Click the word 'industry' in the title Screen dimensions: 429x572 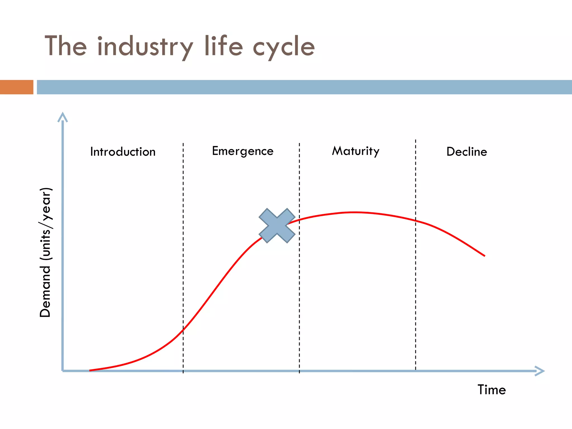coord(145,46)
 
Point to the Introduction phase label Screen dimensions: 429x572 coord(123,152)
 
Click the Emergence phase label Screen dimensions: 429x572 coord(243,151)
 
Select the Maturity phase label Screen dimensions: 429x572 coord(356,151)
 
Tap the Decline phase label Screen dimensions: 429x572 coord(467,152)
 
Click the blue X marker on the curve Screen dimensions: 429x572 coord(277,226)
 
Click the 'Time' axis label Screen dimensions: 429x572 coord(492,390)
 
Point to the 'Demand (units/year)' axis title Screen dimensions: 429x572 coord(45,253)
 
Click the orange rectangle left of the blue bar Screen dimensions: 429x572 coord(16,87)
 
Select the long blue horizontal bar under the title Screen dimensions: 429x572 coord(304,87)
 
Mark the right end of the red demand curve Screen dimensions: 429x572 coord(485,256)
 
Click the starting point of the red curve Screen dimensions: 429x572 coord(90,370)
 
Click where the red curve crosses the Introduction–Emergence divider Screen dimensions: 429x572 coord(183,330)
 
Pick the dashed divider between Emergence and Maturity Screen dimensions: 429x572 coord(299,279)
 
